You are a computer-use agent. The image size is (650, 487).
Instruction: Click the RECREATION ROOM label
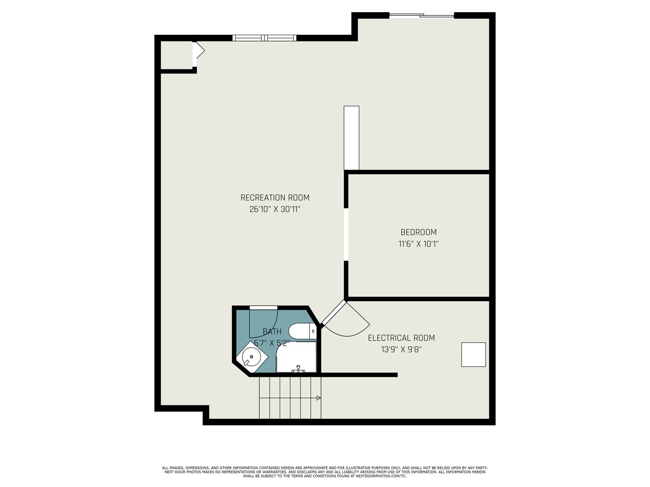pos(275,198)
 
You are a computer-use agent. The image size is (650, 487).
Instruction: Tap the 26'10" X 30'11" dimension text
pos(275,209)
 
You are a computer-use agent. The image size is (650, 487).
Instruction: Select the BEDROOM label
pos(418,232)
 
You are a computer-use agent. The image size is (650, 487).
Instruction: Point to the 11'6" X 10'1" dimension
pos(418,244)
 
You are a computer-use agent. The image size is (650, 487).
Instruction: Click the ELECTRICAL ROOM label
pos(401,338)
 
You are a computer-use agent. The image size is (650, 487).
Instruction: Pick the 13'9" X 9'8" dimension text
pos(401,349)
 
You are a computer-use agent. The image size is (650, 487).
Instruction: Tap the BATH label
pos(272,332)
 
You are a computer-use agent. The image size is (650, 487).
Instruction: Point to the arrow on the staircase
pos(318,398)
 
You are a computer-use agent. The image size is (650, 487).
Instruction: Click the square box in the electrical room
pos(474,354)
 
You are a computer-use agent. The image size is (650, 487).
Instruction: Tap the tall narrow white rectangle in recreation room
pos(351,138)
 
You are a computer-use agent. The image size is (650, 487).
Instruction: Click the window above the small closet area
pos(265,38)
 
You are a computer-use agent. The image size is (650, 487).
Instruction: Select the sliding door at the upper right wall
pos(422,16)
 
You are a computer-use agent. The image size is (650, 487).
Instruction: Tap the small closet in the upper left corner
pos(176,55)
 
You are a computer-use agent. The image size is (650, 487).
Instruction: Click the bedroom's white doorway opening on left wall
pos(346,234)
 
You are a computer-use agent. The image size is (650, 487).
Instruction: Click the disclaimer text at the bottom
pos(325,472)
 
